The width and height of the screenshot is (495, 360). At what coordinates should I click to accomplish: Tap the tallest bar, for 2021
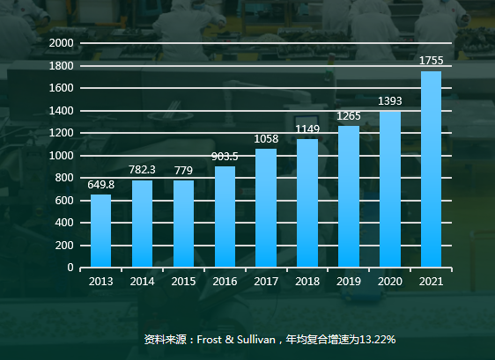click(x=431, y=169)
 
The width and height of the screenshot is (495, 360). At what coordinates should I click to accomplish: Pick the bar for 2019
click(x=348, y=196)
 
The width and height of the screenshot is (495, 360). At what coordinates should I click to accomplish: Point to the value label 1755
click(x=431, y=61)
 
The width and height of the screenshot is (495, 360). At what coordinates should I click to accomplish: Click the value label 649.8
click(x=100, y=184)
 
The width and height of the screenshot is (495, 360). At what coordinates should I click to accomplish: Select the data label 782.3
click(x=142, y=170)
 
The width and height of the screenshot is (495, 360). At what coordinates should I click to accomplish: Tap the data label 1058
click(x=266, y=138)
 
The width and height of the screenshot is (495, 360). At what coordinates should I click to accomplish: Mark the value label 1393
click(x=389, y=100)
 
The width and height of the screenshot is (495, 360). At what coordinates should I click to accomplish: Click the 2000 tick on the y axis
click(x=62, y=43)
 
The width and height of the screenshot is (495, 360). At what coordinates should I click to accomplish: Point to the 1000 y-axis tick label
click(x=62, y=156)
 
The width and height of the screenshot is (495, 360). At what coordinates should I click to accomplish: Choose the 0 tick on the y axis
click(x=70, y=268)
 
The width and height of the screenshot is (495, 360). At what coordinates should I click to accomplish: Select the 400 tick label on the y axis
click(x=64, y=223)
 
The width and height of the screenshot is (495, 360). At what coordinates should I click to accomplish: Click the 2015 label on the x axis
click(x=183, y=282)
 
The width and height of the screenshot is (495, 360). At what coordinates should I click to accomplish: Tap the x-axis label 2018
click(x=307, y=282)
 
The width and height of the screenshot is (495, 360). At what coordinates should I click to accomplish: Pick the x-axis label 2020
click(x=389, y=282)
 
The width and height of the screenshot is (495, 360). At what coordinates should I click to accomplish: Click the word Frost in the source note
click(x=210, y=339)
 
